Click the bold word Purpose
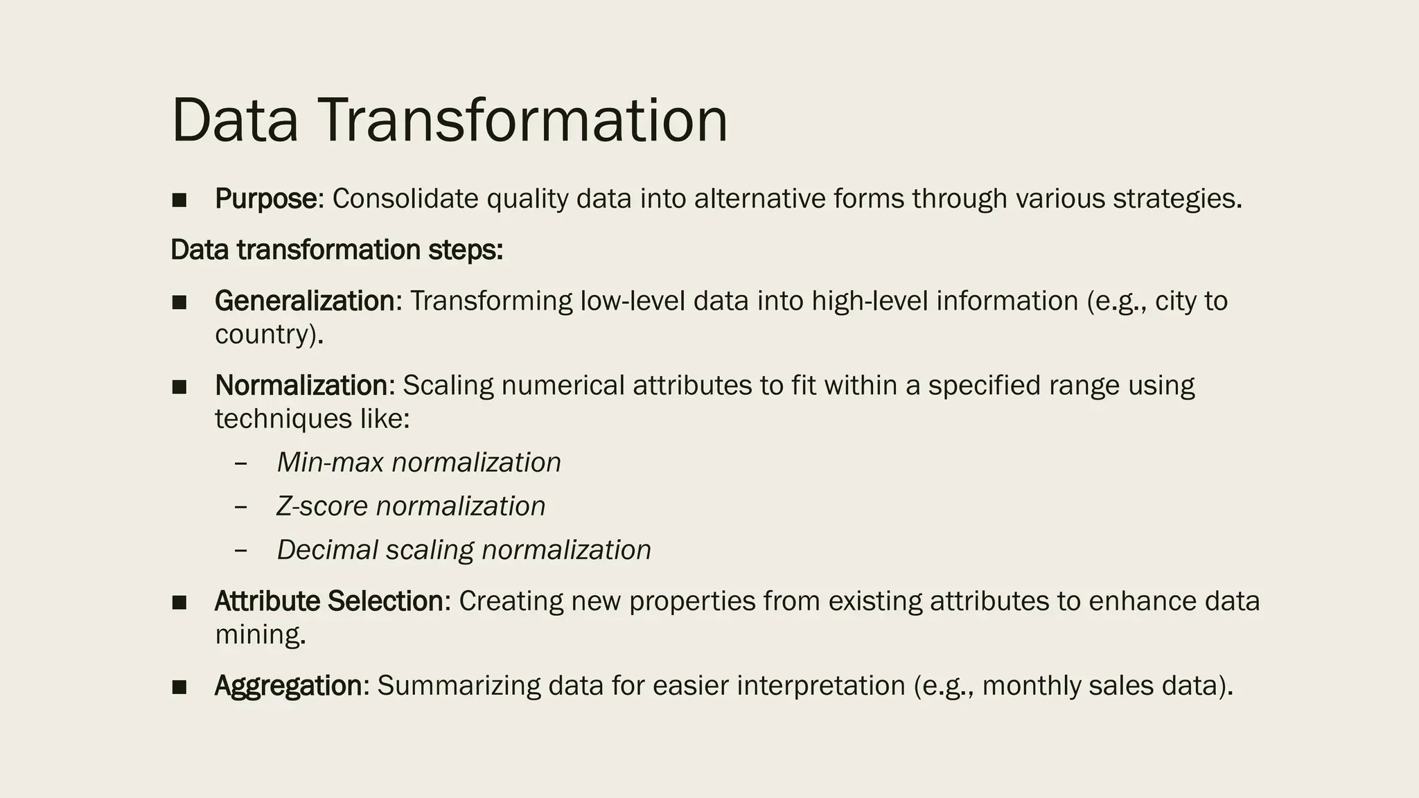[266, 199]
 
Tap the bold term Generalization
[304, 301]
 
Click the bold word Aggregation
[288, 686]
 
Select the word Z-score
[322, 506]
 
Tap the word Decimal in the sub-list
[327, 550]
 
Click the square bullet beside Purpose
[179, 201]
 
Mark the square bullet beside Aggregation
[179, 687]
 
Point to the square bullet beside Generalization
[179, 303]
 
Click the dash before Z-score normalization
[241, 506]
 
